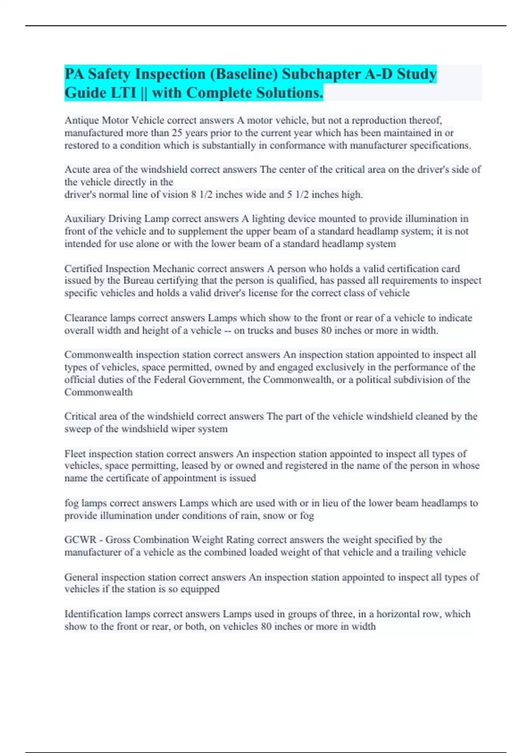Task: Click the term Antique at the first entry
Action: coord(82,120)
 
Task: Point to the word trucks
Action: coord(261,330)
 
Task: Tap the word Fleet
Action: coord(75,454)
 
